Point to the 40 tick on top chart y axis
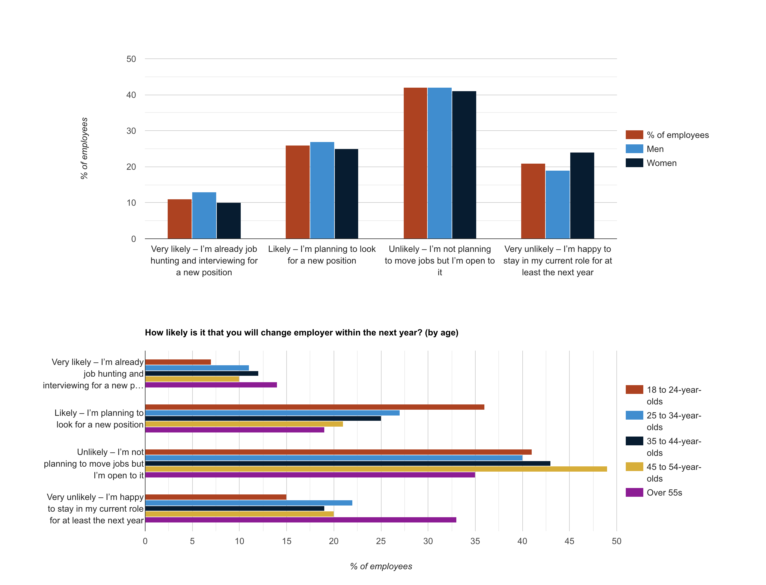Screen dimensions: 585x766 coord(131,95)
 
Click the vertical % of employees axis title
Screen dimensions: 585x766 coord(84,148)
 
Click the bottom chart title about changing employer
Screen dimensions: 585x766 coord(301,332)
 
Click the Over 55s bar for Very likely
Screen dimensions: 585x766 coord(211,385)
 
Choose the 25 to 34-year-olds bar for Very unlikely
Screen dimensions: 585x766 coord(248,503)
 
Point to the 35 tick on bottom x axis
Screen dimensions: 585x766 coord(475,541)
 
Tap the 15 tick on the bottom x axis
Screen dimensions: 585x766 coord(286,541)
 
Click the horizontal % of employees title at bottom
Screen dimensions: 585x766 coord(381,566)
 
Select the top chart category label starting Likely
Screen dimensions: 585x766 coord(321,255)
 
